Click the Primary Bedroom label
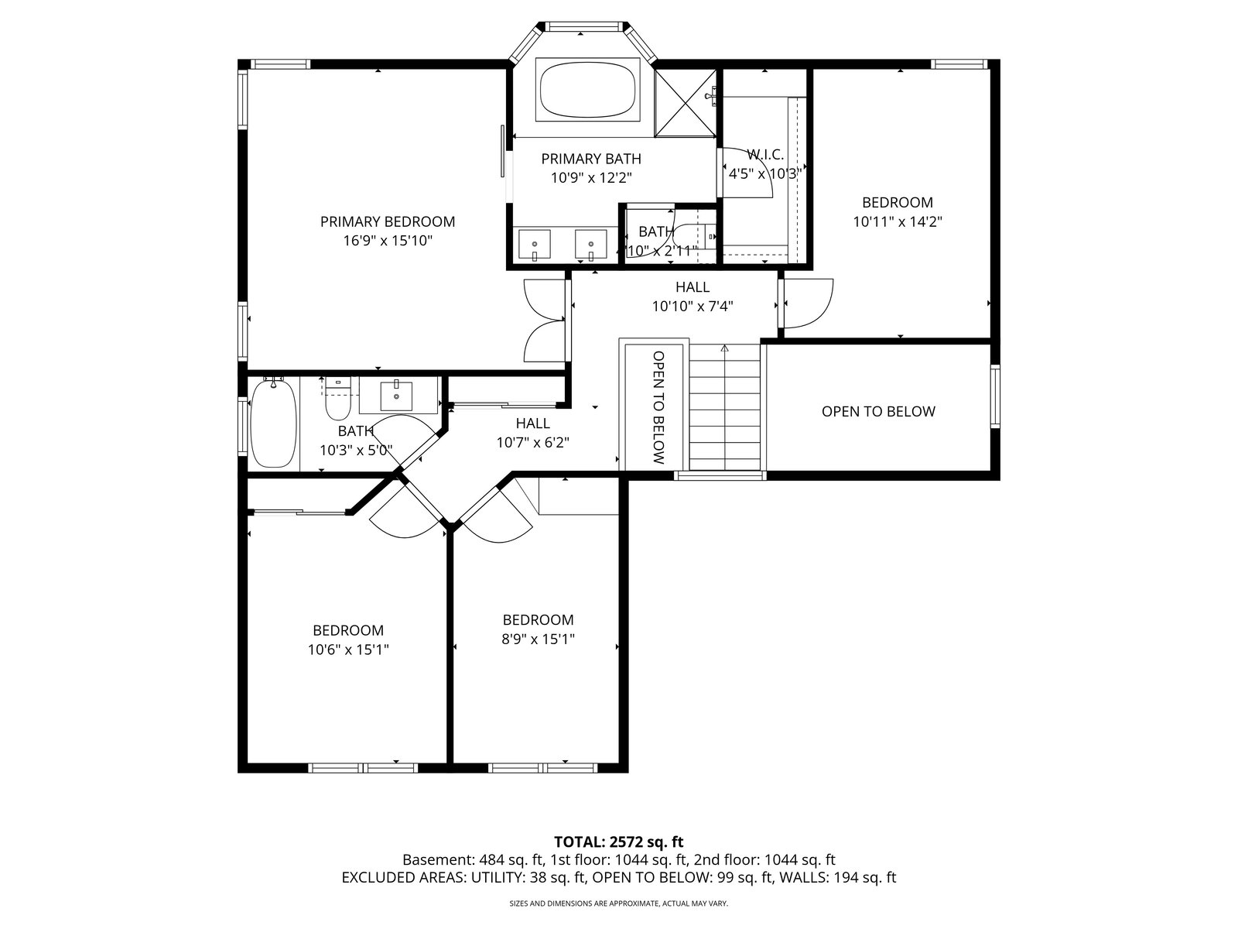coord(388,221)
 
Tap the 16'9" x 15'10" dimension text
coord(388,241)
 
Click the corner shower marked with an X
coord(685,103)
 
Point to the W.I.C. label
coord(765,154)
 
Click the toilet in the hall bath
coord(338,398)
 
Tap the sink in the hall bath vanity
coord(396,395)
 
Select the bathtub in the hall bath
coord(274,423)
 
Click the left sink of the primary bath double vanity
coord(534,245)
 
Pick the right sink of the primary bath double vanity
coord(590,245)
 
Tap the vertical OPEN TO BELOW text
coord(658,407)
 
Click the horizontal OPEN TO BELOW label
coord(878,412)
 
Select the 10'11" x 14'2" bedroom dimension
coord(898,221)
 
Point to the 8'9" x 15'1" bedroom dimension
coord(538,639)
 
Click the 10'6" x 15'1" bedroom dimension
coord(348,650)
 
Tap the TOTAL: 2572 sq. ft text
coord(619,842)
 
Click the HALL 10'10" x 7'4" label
coord(693,297)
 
